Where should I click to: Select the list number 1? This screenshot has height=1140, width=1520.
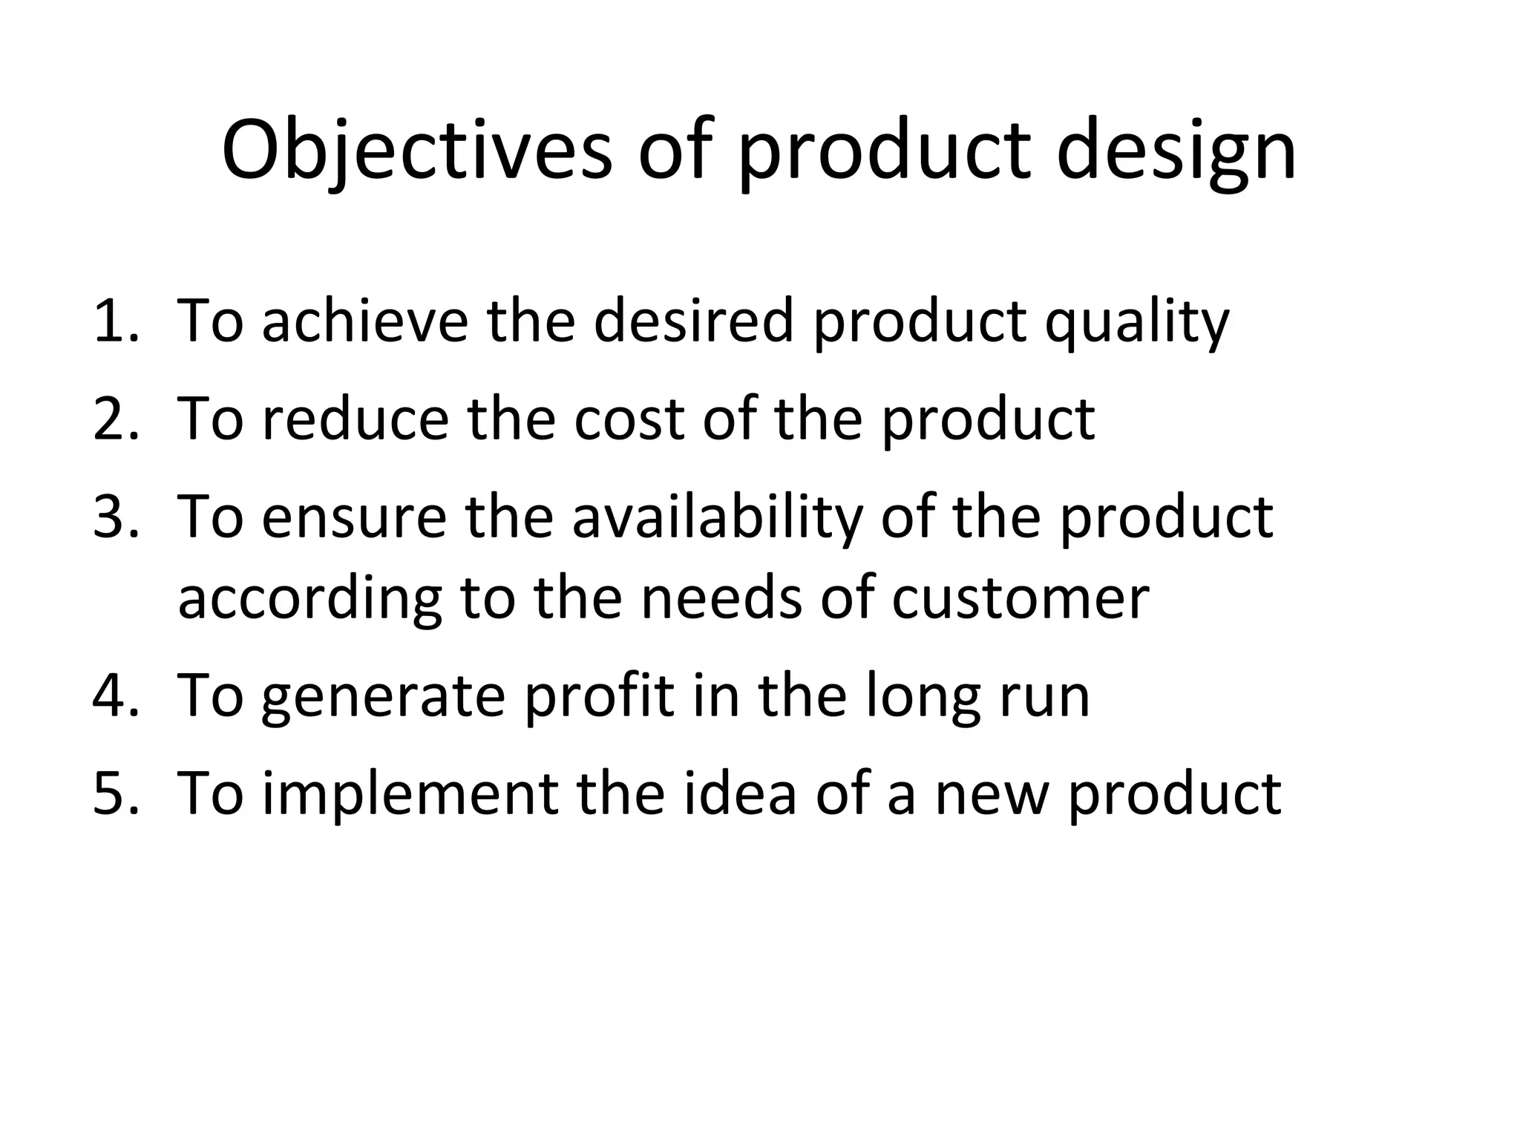tap(115, 321)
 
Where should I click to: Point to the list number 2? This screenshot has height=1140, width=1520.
tap(115, 419)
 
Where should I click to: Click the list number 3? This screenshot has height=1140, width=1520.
tap(115, 517)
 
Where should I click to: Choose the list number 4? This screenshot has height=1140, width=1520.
tap(115, 695)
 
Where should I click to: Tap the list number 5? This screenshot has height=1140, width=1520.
tap(115, 793)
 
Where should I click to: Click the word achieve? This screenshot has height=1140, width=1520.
tap(364, 321)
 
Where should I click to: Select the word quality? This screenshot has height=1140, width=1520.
tap(1136, 323)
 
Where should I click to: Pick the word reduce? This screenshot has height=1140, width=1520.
tap(356, 419)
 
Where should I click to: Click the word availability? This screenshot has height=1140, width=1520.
tap(717, 518)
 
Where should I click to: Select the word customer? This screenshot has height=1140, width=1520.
tap(1020, 598)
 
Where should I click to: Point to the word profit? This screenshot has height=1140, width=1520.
tap(599, 695)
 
